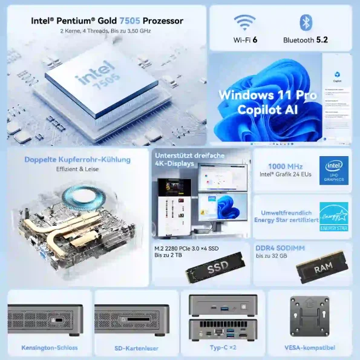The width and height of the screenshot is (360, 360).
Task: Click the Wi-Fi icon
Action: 245,24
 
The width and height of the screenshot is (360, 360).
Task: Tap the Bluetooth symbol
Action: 306,23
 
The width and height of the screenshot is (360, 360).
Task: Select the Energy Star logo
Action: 334,217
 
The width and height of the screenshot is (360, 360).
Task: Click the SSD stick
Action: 217,267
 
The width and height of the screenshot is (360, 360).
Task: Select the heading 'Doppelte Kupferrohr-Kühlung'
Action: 77,160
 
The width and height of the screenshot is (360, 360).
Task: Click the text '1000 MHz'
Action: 277,166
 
